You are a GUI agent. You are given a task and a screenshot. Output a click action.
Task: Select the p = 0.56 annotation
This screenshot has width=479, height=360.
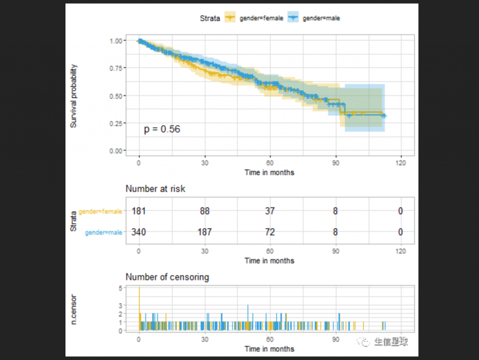tap(162, 129)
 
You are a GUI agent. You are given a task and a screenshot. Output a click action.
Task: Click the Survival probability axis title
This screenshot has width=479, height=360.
tap(74, 96)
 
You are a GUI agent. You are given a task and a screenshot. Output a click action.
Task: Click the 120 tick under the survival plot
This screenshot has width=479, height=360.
tap(400, 162)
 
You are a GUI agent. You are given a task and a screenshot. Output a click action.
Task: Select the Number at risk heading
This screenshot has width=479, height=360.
tap(155, 189)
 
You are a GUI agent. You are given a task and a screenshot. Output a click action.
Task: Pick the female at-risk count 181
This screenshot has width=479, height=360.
tap(139, 212)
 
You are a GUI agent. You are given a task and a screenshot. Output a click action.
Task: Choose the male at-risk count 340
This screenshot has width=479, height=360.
tap(139, 232)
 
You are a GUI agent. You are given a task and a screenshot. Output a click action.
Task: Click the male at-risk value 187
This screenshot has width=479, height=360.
tap(204, 232)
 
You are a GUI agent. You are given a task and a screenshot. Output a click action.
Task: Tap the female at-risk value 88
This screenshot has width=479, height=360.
tap(204, 212)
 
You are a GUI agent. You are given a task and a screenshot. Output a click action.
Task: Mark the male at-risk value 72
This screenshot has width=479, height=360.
tap(269, 232)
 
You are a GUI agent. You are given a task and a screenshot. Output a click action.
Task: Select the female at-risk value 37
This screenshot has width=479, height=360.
tap(269, 212)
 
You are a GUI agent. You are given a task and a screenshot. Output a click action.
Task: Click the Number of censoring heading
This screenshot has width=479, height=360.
tap(167, 277)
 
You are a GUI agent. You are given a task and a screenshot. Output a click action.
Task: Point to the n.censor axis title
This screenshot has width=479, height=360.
tap(74, 310)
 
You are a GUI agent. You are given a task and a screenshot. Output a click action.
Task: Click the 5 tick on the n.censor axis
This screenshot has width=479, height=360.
tap(120, 288)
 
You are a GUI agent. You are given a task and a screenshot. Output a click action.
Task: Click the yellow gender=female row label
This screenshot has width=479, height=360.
tap(100, 212)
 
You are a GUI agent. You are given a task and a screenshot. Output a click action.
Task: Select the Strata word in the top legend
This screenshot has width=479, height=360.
tap(210, 18)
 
